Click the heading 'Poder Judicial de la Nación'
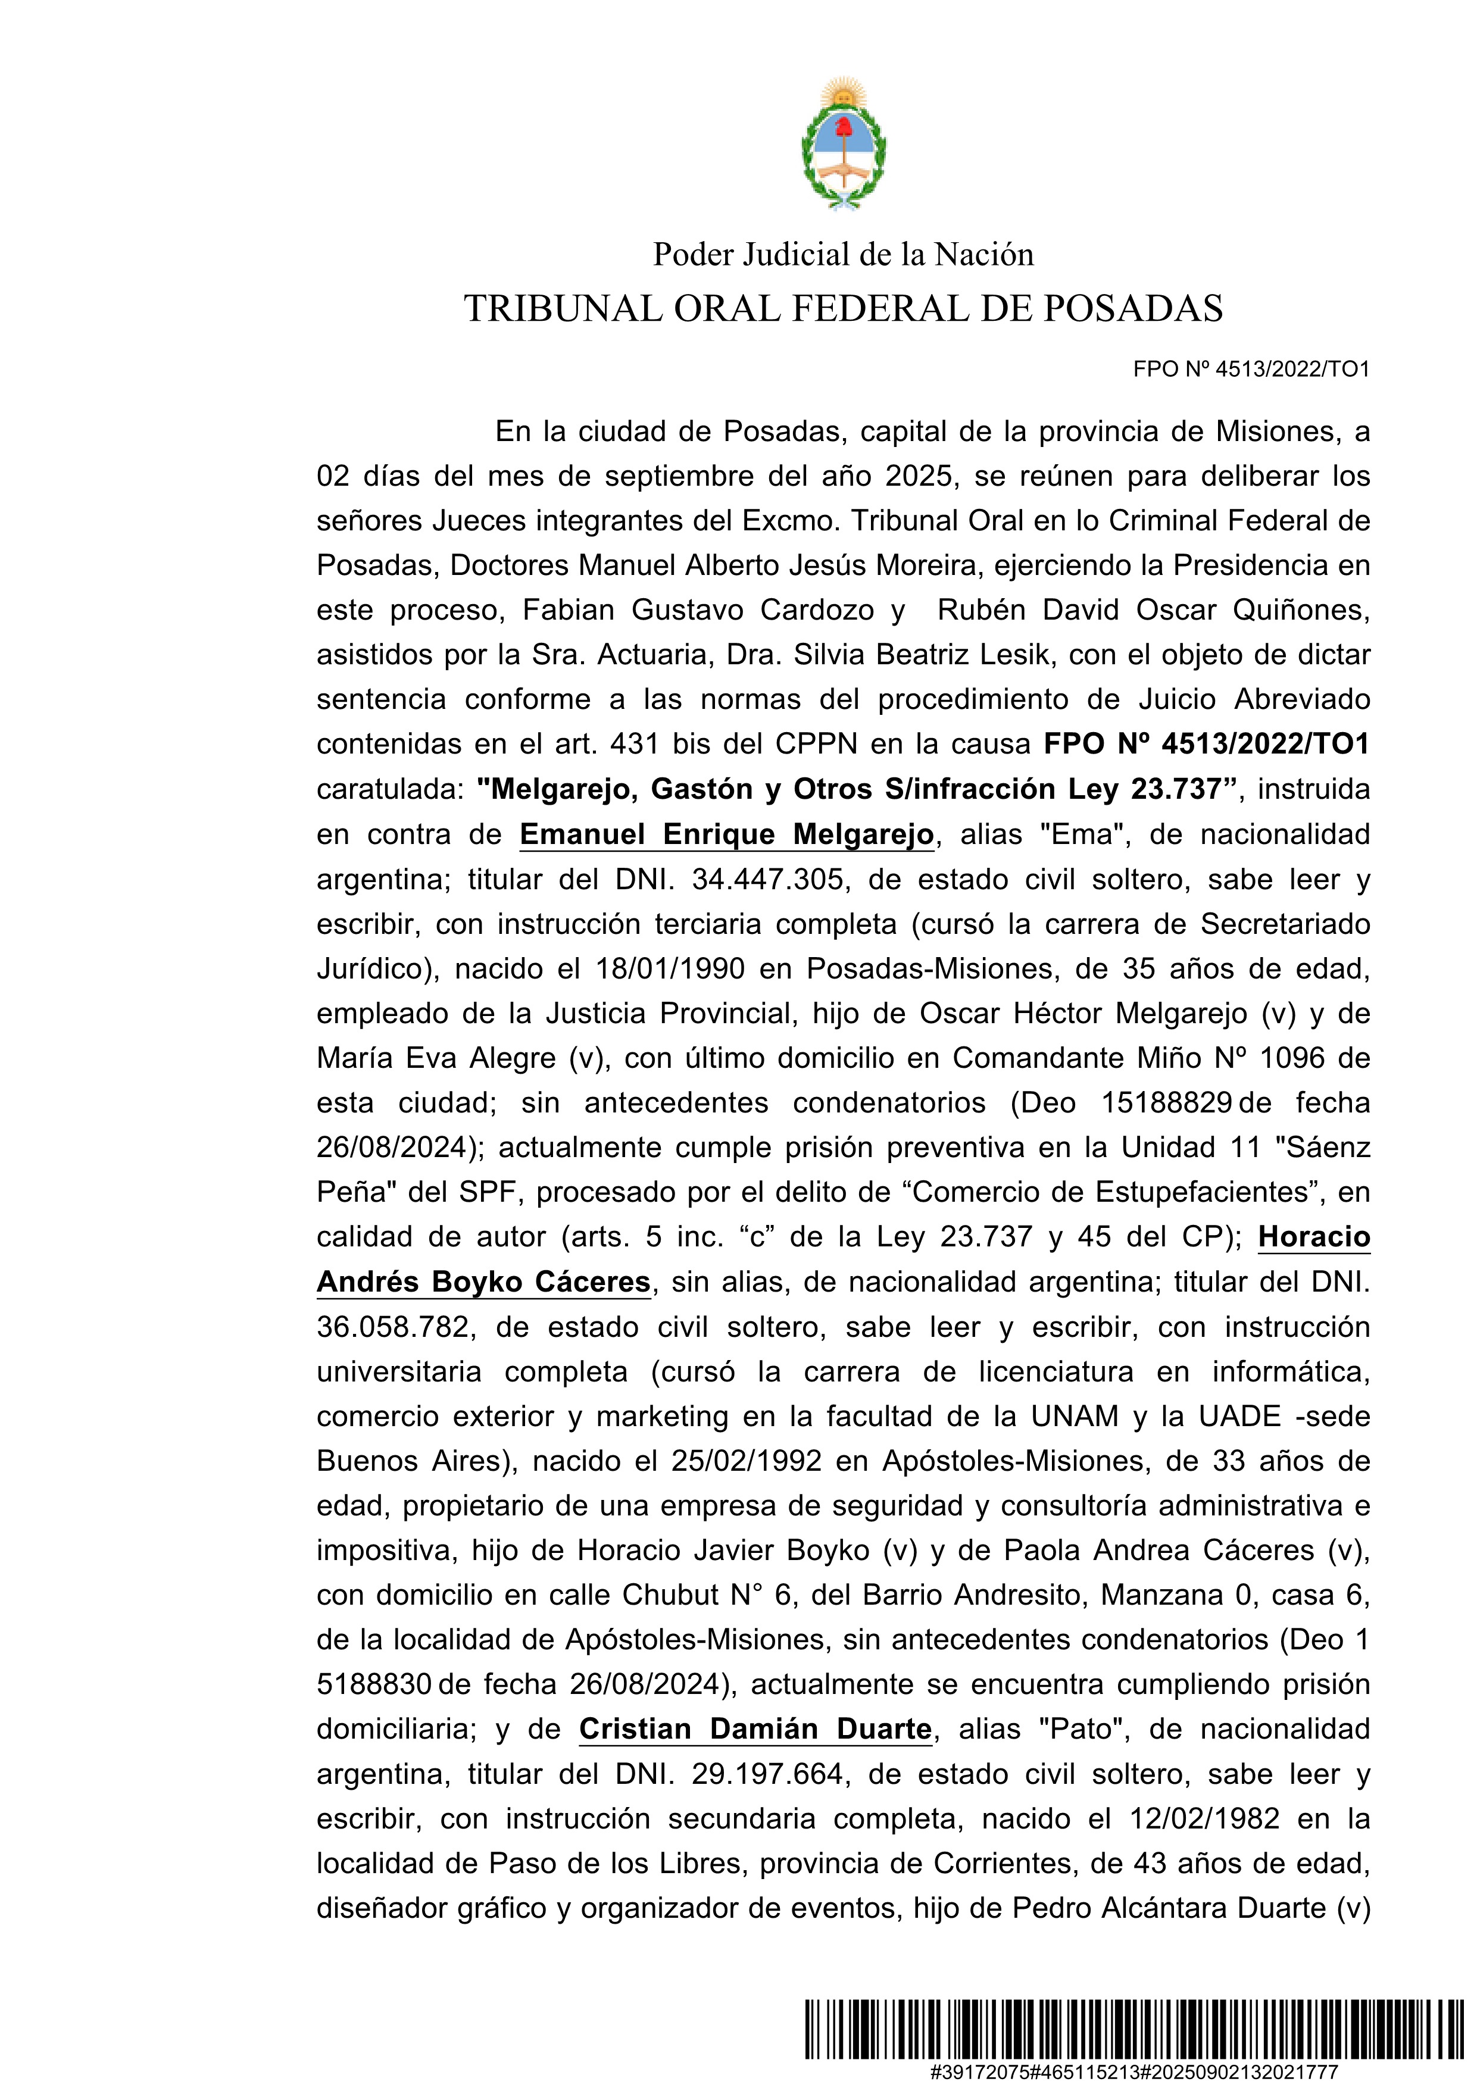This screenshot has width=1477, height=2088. [x=843, y=255]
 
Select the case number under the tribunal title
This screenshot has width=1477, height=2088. [x=1251, y=369]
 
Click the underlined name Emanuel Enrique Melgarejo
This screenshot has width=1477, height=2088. [x=727, y=834]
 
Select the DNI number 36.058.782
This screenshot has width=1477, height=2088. [x=393, y=1327]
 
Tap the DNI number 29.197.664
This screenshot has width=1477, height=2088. [x=767, y=1773]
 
